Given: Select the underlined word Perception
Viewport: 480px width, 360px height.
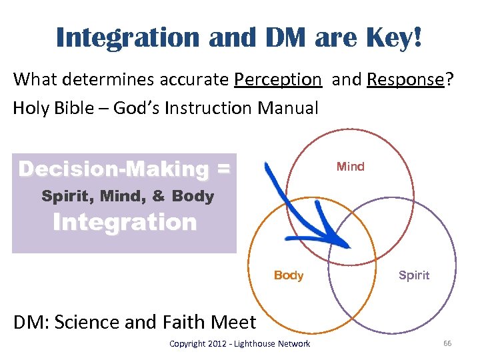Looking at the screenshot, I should pos(277,79).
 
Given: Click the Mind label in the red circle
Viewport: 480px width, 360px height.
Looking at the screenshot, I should pos(351,167).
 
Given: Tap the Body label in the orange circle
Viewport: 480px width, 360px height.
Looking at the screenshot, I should pos(289,275).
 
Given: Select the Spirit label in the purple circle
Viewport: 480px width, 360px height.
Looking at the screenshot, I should pos(414,275).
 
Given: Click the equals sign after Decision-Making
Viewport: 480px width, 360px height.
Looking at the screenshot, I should pos(223,169).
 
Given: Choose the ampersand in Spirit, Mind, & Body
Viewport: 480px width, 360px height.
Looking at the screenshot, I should pos(159,197).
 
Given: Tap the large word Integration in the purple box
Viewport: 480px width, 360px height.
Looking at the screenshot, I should pos(125,222).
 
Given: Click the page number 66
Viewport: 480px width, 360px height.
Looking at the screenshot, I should pos(447,343).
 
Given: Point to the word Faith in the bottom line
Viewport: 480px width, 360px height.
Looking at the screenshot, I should pos(182,322).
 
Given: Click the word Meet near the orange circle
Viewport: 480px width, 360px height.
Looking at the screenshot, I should pos(233,322).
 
